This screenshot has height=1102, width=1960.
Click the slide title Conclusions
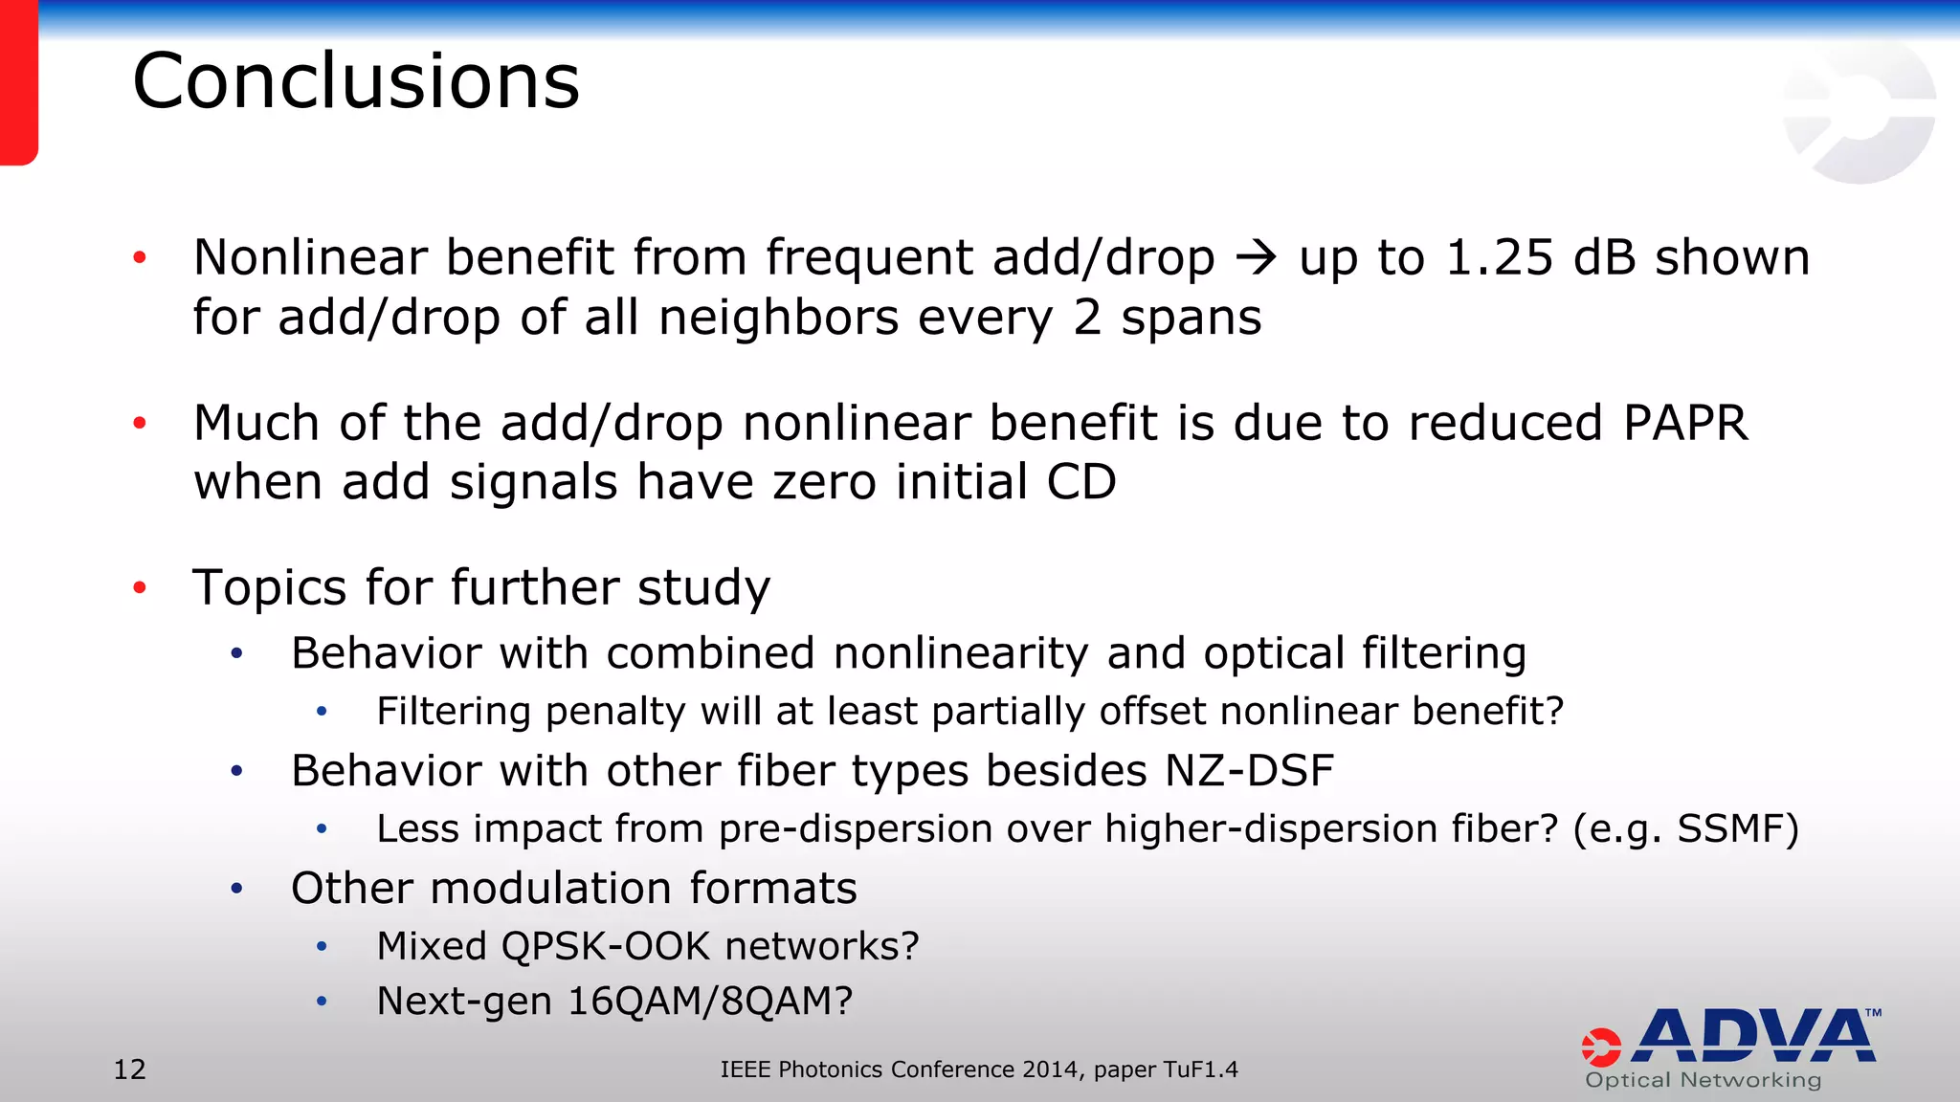pos(356,81)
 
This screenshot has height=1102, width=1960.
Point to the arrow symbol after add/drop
pos(1256,258)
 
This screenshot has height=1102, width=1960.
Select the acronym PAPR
pos(1685,423)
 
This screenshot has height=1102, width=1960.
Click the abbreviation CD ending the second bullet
pos(1081,482)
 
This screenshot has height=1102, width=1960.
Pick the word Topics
pos(269,588)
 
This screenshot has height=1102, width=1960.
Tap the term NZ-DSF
pos(1249,771)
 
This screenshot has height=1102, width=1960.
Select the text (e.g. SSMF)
pos(1686,829)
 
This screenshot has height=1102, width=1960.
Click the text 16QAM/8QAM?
pos(709,1002)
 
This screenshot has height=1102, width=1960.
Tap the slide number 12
pos(130,1069)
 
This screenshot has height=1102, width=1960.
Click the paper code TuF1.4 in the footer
pos(1200,1069)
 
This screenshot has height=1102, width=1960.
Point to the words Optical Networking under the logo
pos(1704,1081)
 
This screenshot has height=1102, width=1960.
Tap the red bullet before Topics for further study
pos(140,587)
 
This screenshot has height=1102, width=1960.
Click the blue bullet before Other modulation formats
pos(236,889)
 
